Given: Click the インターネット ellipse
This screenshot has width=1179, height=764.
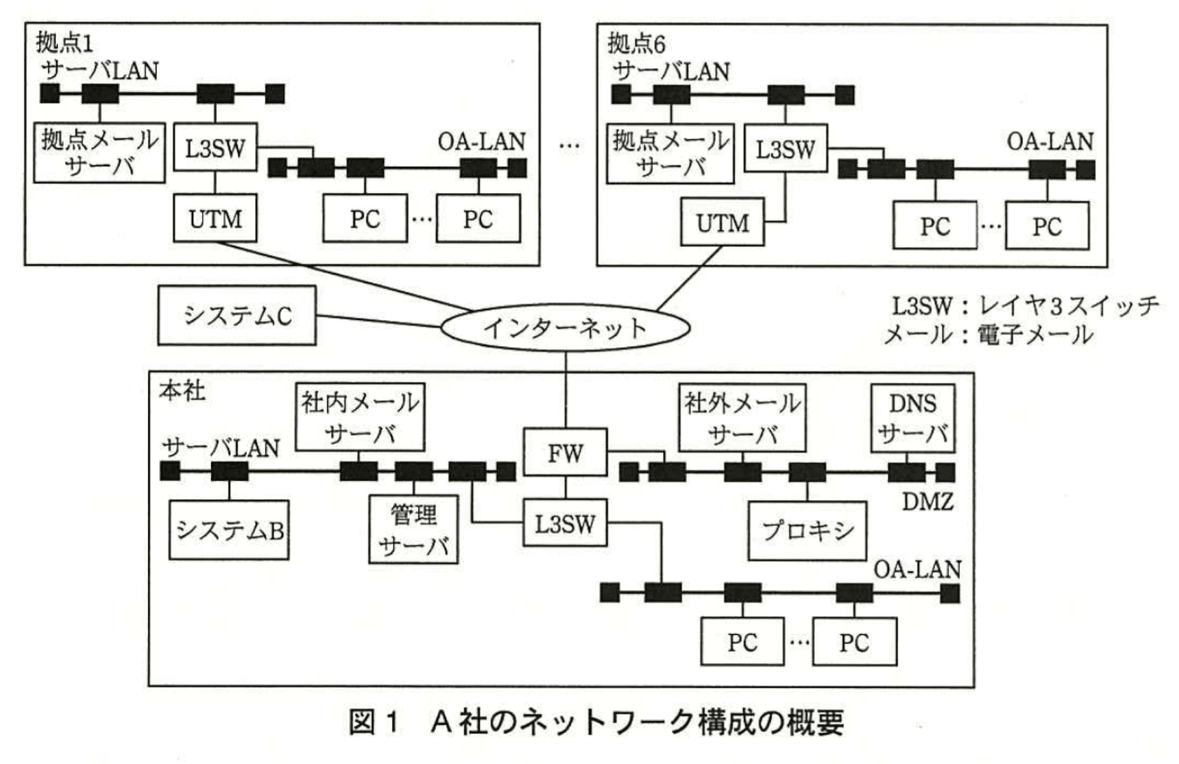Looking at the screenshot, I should coord(565,328).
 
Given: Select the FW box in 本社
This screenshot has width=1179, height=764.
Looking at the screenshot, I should coord(565,452).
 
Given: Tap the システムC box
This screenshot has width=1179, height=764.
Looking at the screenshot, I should coord(237,315).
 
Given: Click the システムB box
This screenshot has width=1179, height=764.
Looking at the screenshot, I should coord(229,530).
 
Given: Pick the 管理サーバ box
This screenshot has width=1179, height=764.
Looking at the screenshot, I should coord(413,529).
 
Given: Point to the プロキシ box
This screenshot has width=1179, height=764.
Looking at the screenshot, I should coord(807,531).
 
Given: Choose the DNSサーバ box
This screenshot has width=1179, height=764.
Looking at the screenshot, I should coord(912,418).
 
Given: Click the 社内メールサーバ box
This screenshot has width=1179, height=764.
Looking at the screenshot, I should coord(360,417).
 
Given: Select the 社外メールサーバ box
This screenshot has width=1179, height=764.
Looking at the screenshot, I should coord(742,417).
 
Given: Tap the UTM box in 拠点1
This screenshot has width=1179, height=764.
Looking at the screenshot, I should coord(215,218).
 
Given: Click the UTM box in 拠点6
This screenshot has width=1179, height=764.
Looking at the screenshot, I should coord(722,222).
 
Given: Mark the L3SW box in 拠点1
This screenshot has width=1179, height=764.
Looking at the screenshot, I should coord(215,147).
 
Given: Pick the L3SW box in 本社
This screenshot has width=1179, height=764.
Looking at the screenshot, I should coord(565,523).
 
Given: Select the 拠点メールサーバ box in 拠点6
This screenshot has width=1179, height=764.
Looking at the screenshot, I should coord(670,154).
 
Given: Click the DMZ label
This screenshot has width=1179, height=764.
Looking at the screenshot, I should coord(927,502).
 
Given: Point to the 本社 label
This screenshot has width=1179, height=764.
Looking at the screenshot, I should coord(181,391).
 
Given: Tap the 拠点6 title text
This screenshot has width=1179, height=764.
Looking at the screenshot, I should coord(636,44).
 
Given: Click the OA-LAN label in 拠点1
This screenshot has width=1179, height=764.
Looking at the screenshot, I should coord(481,141).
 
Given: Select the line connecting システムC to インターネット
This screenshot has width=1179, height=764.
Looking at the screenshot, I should coord(379,321).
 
